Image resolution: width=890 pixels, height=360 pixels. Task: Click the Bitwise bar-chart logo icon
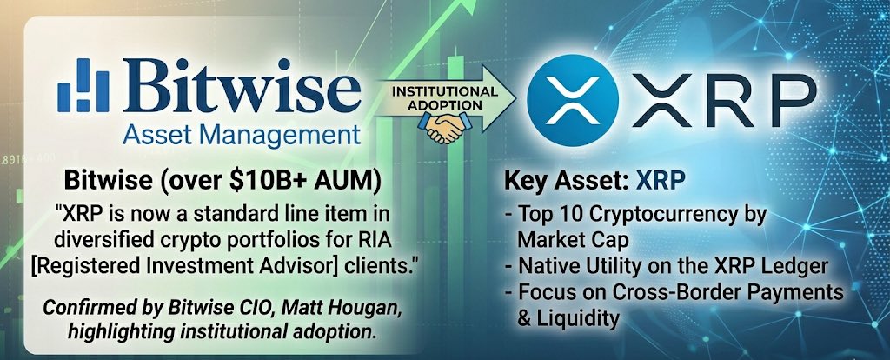83,88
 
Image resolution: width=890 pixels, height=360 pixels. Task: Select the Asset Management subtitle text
242,136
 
